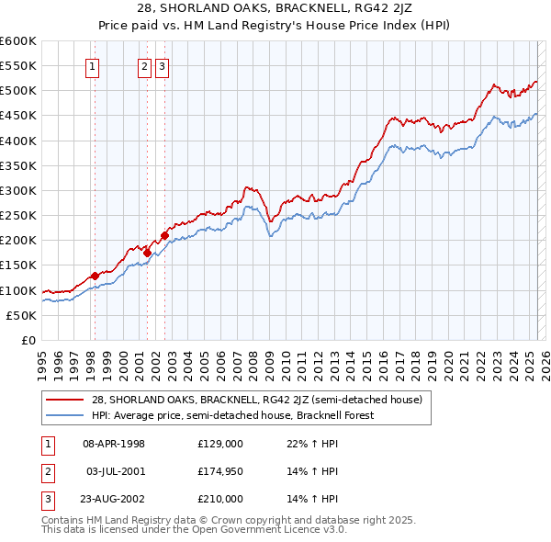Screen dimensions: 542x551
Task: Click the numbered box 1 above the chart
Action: pos(94,65)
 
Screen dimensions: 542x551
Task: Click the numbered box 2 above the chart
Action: pos(145,65)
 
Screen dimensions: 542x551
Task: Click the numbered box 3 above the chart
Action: pos(162,65)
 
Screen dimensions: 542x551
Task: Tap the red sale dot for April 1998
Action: pos(95,276)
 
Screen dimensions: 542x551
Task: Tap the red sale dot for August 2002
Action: pos(164,235)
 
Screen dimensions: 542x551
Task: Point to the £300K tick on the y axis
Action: pos(19,190)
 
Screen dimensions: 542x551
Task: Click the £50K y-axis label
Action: pos(22,315)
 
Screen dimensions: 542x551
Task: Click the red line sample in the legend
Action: pos(65,400)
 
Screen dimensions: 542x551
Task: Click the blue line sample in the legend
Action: pos(65,414)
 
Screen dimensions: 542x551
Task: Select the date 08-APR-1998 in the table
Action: pos(114,444)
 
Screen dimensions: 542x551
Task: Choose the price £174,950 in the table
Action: pos(220,471)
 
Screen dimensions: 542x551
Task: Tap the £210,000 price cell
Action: pos(220,499)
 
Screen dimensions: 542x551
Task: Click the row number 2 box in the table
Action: pos(46,471)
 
